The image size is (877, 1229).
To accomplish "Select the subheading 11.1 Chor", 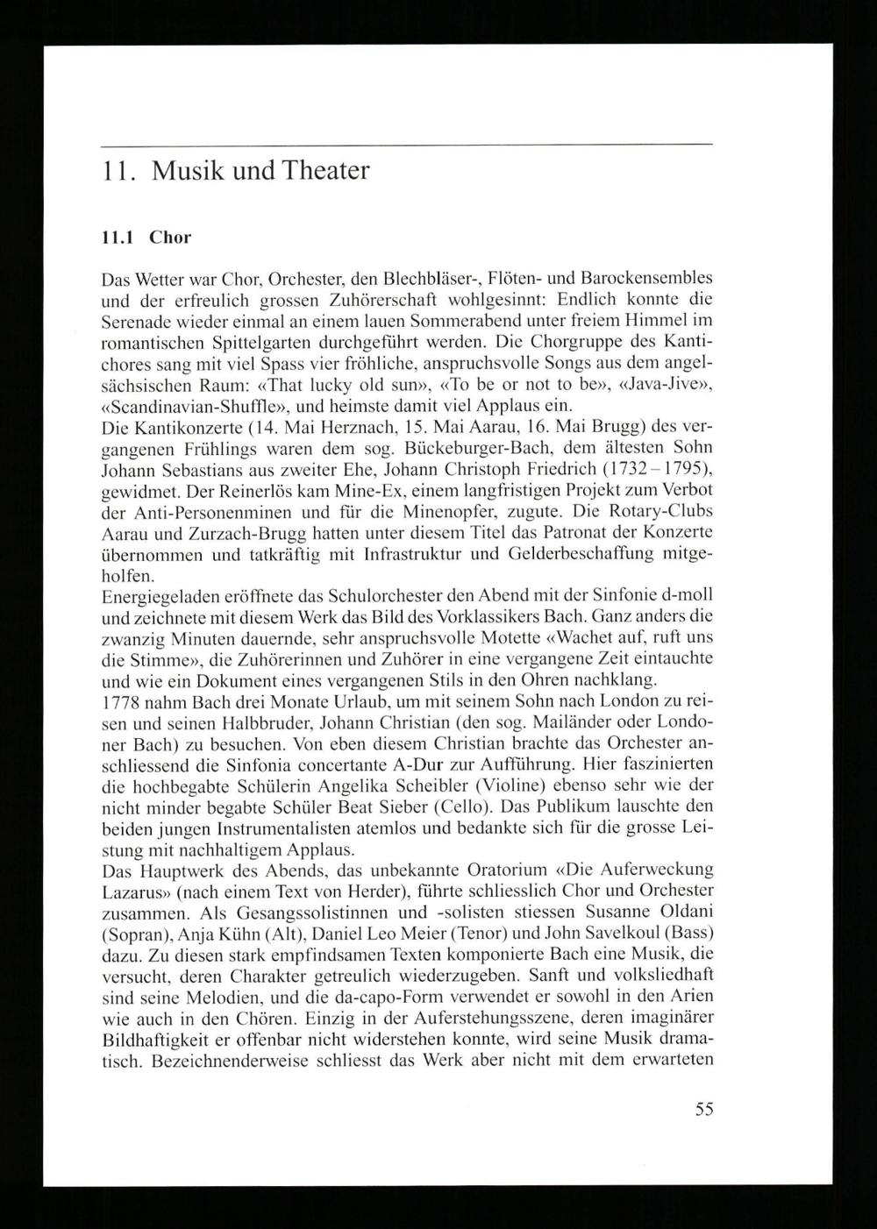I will (x=146, y=237).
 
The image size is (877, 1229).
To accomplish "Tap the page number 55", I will (x=704, y=1109).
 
